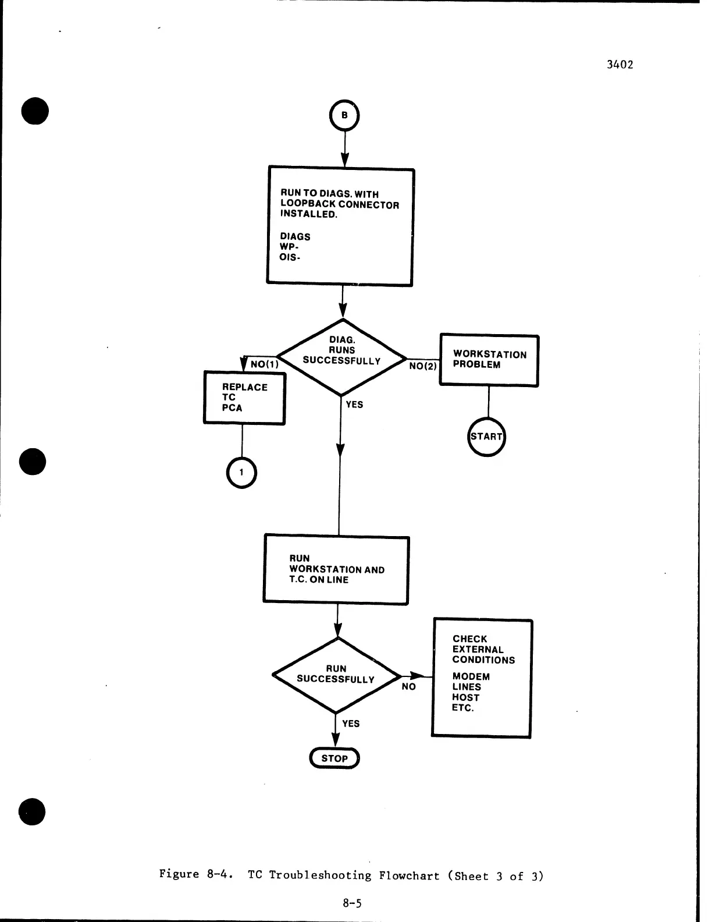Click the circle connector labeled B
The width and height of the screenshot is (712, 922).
(x=344, y=116)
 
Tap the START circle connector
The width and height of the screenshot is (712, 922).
(x=487, y=437)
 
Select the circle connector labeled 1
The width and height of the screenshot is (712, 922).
(x=241, y=473)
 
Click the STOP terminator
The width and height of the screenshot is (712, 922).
(x=334, y=758)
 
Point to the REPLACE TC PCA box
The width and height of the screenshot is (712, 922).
(x=244, y=398)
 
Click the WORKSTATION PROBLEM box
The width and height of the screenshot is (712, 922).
(x=489, y=360)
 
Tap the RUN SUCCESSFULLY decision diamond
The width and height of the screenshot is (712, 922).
(x=336, y=675)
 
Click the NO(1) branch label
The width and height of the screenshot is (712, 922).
(x=265, y=365)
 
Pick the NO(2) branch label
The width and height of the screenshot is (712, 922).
(x=423, y=367)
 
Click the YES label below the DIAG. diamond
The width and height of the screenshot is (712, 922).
(x=354, y=405)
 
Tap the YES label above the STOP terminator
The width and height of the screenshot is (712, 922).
(x=351, y=724)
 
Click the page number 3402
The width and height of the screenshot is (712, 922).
(x=620, y=65)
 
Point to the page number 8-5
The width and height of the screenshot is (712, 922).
(x=352, y=903)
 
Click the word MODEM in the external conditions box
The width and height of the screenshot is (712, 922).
(x=471, y=677)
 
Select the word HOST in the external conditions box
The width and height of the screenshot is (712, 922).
(x=465, y=697)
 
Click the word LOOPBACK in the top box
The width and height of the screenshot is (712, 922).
(x=308, y=204)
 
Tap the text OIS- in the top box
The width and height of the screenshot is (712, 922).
(x=290, y=257)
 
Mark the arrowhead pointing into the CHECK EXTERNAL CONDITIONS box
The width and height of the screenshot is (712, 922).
(x=416, y=676)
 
